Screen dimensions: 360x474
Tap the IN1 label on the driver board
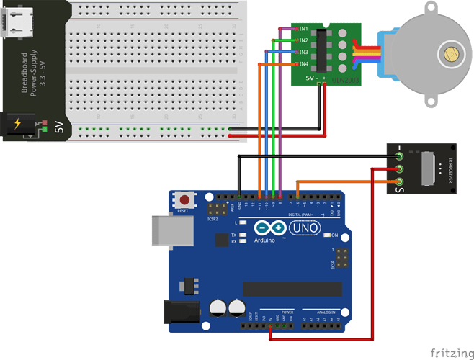coord(304,29)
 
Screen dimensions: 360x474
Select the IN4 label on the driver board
coord(304,64)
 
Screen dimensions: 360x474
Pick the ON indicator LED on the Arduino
coord(326,235)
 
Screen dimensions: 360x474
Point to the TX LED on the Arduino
coord(243,235)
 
